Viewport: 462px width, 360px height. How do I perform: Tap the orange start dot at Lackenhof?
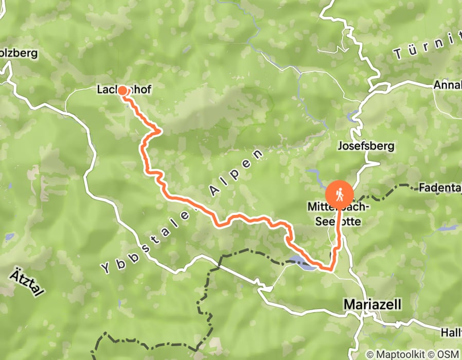coord(123,91)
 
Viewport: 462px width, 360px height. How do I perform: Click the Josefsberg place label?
coord(366,146)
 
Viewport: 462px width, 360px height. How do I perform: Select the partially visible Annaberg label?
coord(447,84)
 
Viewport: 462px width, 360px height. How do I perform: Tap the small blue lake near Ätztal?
coord(10,237)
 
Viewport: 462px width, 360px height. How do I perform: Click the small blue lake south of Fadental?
coord(450,227)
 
